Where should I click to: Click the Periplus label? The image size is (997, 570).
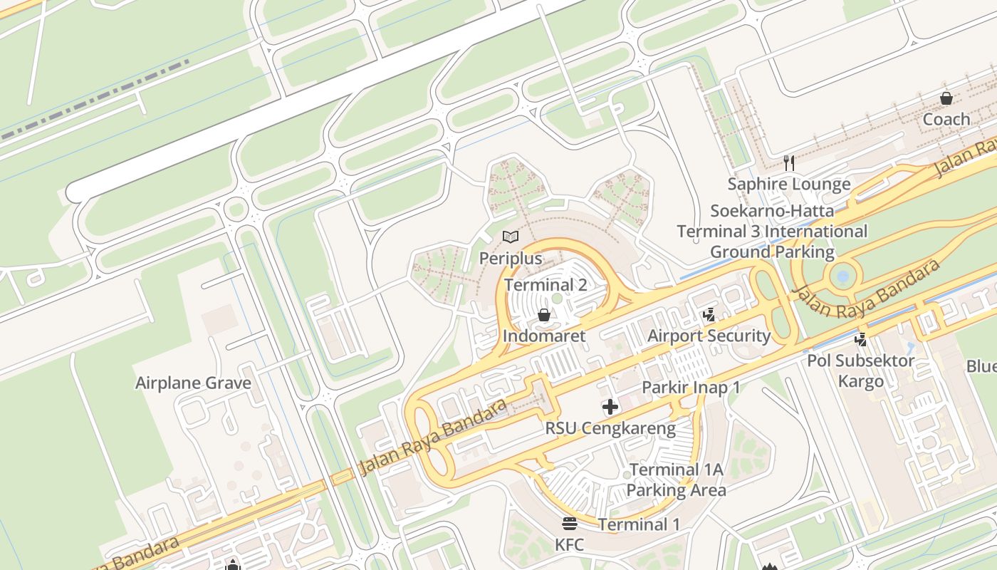coord(511,259)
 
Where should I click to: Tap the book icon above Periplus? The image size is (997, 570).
coord(511,237)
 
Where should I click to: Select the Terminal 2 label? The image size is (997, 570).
coord(546,285)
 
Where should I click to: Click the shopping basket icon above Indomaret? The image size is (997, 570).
coord(544,315)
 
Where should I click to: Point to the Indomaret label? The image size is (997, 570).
coord(544,336)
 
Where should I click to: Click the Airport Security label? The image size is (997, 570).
coord(709,336)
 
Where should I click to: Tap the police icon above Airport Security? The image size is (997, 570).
coord(709,315)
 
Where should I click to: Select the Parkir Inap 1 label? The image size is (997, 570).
coord(691,388)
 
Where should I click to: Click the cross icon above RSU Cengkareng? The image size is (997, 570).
coord(610,408)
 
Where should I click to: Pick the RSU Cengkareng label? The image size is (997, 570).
coord(610,428)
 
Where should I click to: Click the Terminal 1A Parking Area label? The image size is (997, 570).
coord(676,480)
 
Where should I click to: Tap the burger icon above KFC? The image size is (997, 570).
coord(569,524)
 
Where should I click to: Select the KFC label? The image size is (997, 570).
coord(569,545)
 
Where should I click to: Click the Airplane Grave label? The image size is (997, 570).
coord(193,383)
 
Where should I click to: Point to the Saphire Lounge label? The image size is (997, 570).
coord(788,185)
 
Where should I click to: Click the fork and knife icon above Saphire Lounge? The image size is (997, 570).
coord(788,163)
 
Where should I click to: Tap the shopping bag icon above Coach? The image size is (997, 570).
coord(946,98)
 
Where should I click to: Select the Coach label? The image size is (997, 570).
coord(946,119)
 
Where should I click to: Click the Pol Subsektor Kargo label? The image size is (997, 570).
coord(860,370)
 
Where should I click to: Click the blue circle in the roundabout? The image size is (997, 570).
coord(843,276)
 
